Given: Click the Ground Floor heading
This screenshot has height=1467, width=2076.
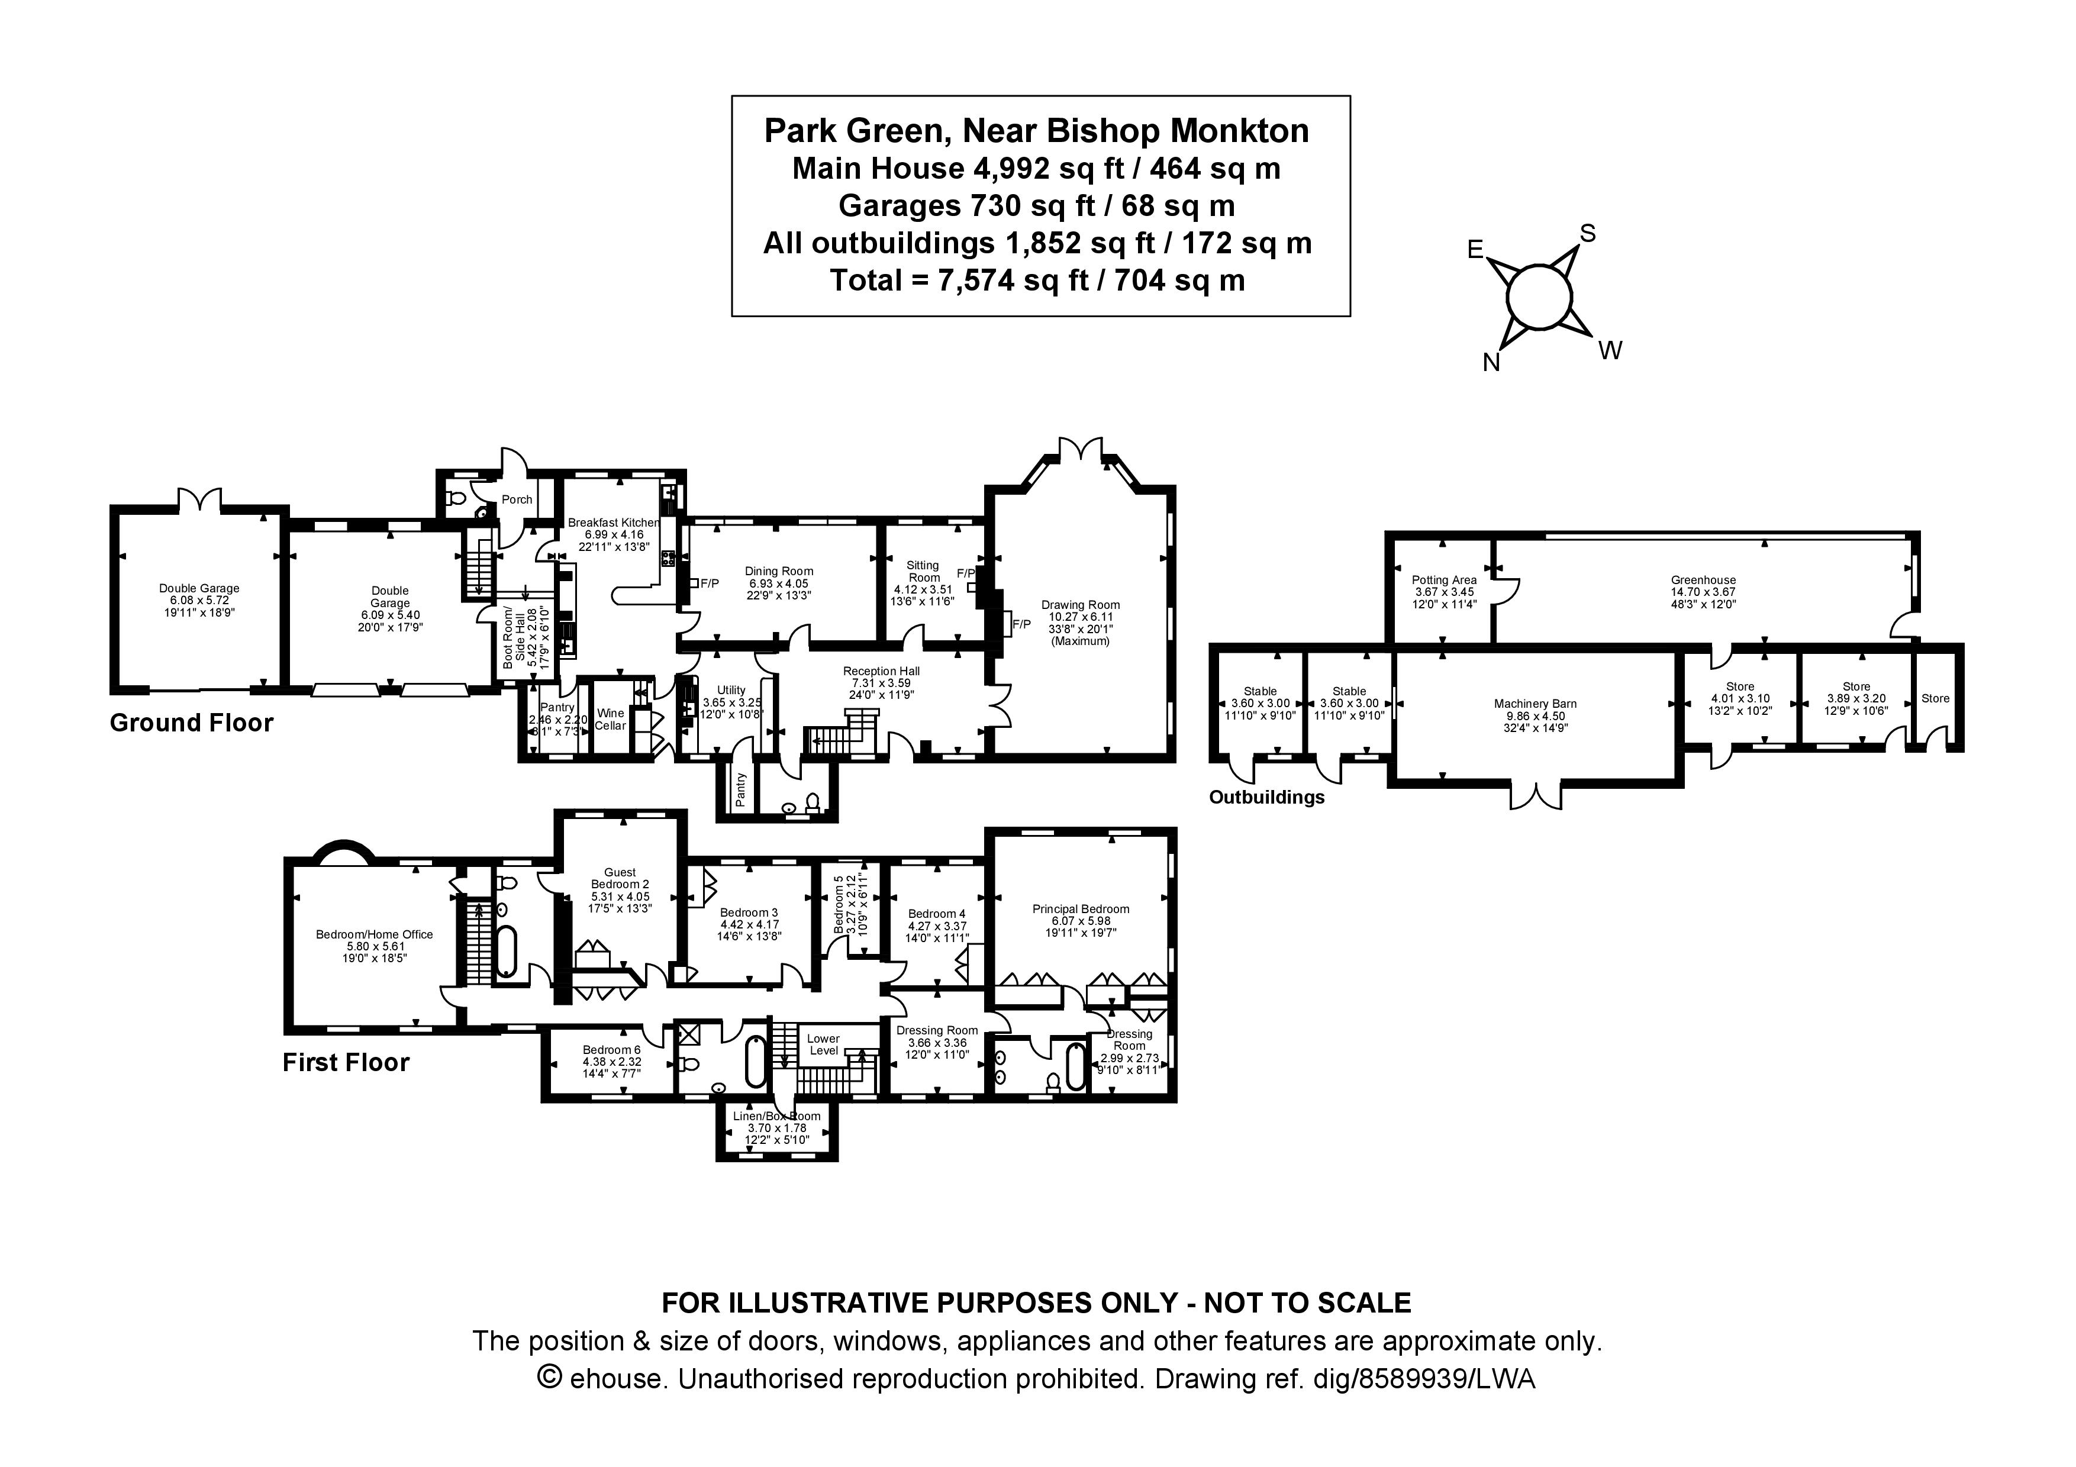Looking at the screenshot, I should (x=191, y=723).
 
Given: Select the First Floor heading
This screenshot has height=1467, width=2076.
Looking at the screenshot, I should (x=346, y=1062).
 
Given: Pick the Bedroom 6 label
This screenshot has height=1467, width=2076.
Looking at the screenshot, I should (x=611, y=1049).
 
